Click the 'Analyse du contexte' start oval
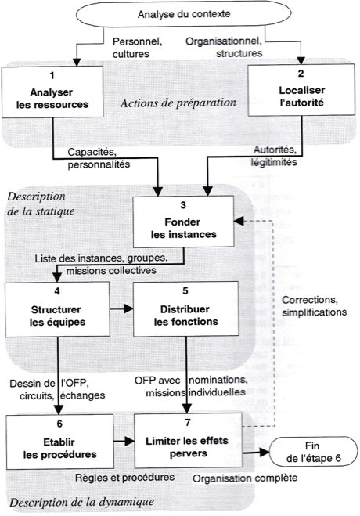[x=184, y=14]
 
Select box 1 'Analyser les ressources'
[x=52, y=92]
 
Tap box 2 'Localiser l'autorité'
[x=301, y=90]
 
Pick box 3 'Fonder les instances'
[x=183, y=222]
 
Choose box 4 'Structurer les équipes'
[x=57, y=309]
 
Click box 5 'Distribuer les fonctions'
[x=186, y=309]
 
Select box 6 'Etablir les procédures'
[x=59, y=442]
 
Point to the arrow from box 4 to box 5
[x=121, y=309]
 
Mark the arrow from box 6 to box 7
[x=124, y=442]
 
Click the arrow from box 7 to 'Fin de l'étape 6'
[x=256, y=453]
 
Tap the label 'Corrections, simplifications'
[x=315, y=306]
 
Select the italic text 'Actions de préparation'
[x=178, y=103]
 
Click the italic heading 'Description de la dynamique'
[x=81, y=502]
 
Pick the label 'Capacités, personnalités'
[x=99, y=158]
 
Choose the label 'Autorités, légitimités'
[x=274, y=156]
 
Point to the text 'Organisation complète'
[x=245, y=478]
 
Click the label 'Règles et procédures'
[x=125, y=477]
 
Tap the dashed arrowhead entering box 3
[x=239, y=221]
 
